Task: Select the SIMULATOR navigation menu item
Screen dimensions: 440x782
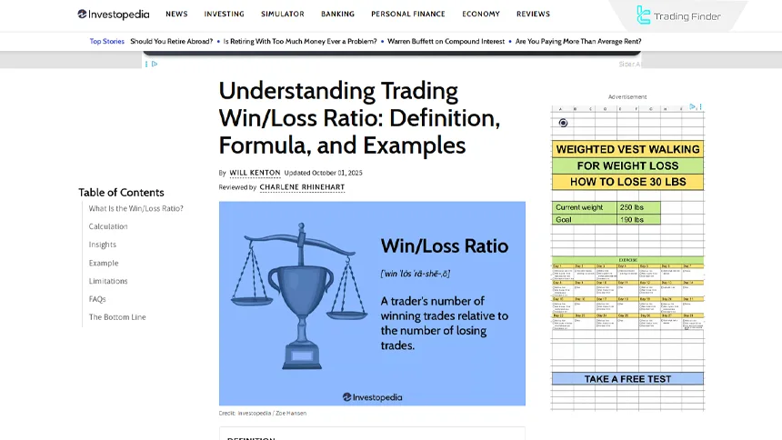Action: click(283, 15)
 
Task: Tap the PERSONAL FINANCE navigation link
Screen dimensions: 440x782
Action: click(408, 15)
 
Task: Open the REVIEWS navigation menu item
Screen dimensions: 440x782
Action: click(533, 15)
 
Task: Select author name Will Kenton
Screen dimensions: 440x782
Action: click(255, 173)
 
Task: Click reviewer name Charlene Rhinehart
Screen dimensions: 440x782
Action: click(302, 187)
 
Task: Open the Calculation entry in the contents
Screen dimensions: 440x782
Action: click(108, 226)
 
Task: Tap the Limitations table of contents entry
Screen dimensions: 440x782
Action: click(108, 281)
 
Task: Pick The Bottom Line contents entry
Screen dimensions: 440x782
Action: click(117, 317)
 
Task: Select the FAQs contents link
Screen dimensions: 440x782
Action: click(97, 299)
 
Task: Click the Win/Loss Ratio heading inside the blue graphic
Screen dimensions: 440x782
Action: click(444, 246)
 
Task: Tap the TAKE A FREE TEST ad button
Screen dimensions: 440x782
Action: click(627, 379)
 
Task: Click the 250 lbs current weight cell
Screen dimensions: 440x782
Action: click(637, 208)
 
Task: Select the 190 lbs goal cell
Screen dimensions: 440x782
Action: click(637, 220)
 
